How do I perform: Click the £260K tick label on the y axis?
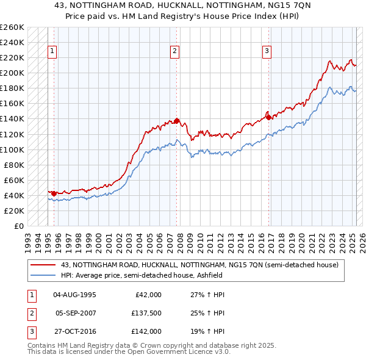click(12, 27)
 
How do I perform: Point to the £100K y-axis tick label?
click(12, 149)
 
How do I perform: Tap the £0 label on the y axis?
click(19, 226)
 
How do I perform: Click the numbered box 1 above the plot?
click(52, 51)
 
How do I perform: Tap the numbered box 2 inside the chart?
click(174, 51)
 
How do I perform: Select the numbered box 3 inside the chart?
click(267, 51)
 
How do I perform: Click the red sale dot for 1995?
click(54, 193)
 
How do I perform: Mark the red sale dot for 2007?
click(176, 121)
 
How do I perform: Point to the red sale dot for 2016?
click(268, 117)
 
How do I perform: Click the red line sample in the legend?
click(43, 265)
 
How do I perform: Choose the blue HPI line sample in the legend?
click(43, 275)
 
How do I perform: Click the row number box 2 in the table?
click(31, 313)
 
